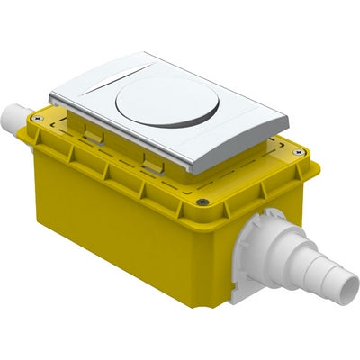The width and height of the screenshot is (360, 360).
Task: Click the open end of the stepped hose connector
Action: pyautogui.click(x=348, y=289)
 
